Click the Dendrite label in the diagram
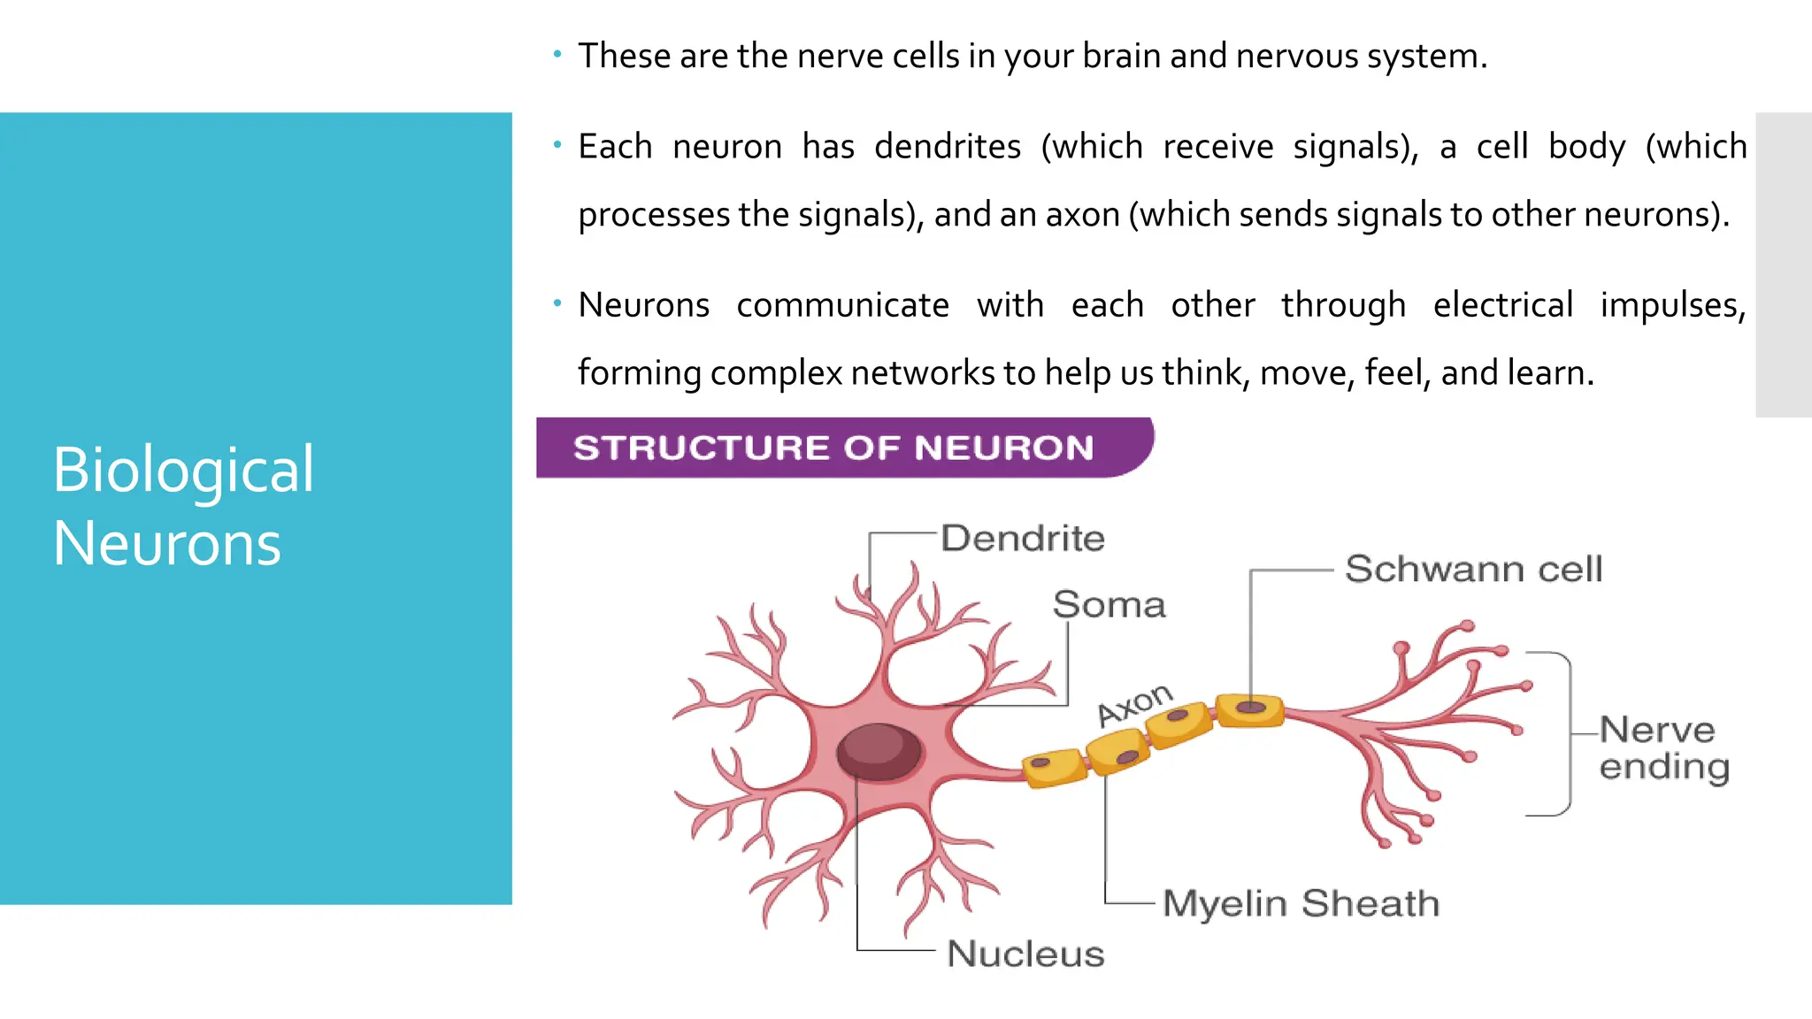(x=1023, y=538)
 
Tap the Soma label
(x=1109, y=605)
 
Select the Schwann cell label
(x=1473, y=569)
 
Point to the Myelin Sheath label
(x=1301, y=903)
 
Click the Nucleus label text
(x=1025, y=954)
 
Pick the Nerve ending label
(x=1663, y=748)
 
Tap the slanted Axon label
(x=1135, y=704)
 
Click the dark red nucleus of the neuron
(x=879, y=751)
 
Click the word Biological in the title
(x=183, y=469)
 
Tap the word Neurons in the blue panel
(x=167, y=543)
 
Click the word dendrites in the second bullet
(x=948, y=146)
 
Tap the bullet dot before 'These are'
(x=557, y=55)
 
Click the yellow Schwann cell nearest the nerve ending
(x=1249, y=709)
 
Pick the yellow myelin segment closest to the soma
(x=1053, y=766)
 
